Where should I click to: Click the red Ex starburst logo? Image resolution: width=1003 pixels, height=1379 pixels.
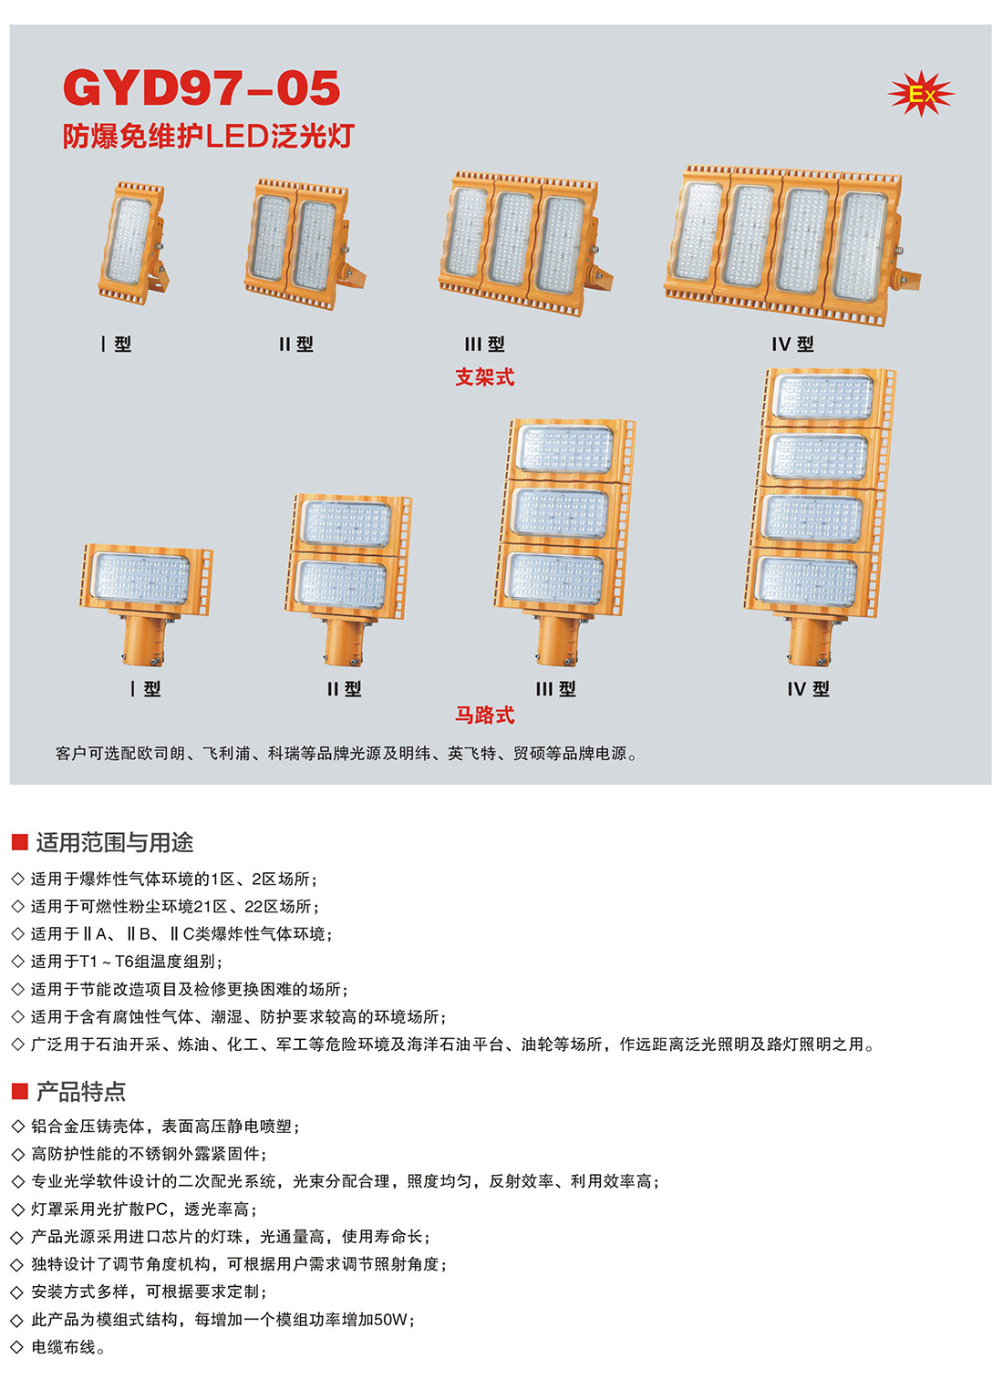pos(921,94)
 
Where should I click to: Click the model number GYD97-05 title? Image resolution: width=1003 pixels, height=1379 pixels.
pos(202,88)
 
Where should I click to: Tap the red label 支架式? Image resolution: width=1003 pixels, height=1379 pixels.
pos(484,376)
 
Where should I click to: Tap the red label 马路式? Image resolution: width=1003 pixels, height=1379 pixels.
pos(484,715)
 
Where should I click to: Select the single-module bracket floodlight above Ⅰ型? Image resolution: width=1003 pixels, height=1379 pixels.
pos(134,243)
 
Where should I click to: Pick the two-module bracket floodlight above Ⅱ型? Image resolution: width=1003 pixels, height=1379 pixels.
pos(304,243)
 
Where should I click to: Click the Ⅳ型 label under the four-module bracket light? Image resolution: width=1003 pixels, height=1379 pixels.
pos(792,345)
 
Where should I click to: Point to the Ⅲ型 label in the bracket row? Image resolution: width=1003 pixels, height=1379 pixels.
pos(484,345)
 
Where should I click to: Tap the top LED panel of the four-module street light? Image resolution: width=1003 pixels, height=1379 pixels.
pos(823,397)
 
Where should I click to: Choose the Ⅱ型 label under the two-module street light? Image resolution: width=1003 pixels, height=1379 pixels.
pos(344,689)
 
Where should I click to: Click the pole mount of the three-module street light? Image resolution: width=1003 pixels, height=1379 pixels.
pos(557,640)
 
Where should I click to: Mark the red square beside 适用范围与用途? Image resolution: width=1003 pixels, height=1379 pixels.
pos(20,842)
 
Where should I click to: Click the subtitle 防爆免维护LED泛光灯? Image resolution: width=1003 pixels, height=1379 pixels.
pos(209,136)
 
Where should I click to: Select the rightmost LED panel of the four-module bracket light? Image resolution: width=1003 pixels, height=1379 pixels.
pos(860,246)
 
